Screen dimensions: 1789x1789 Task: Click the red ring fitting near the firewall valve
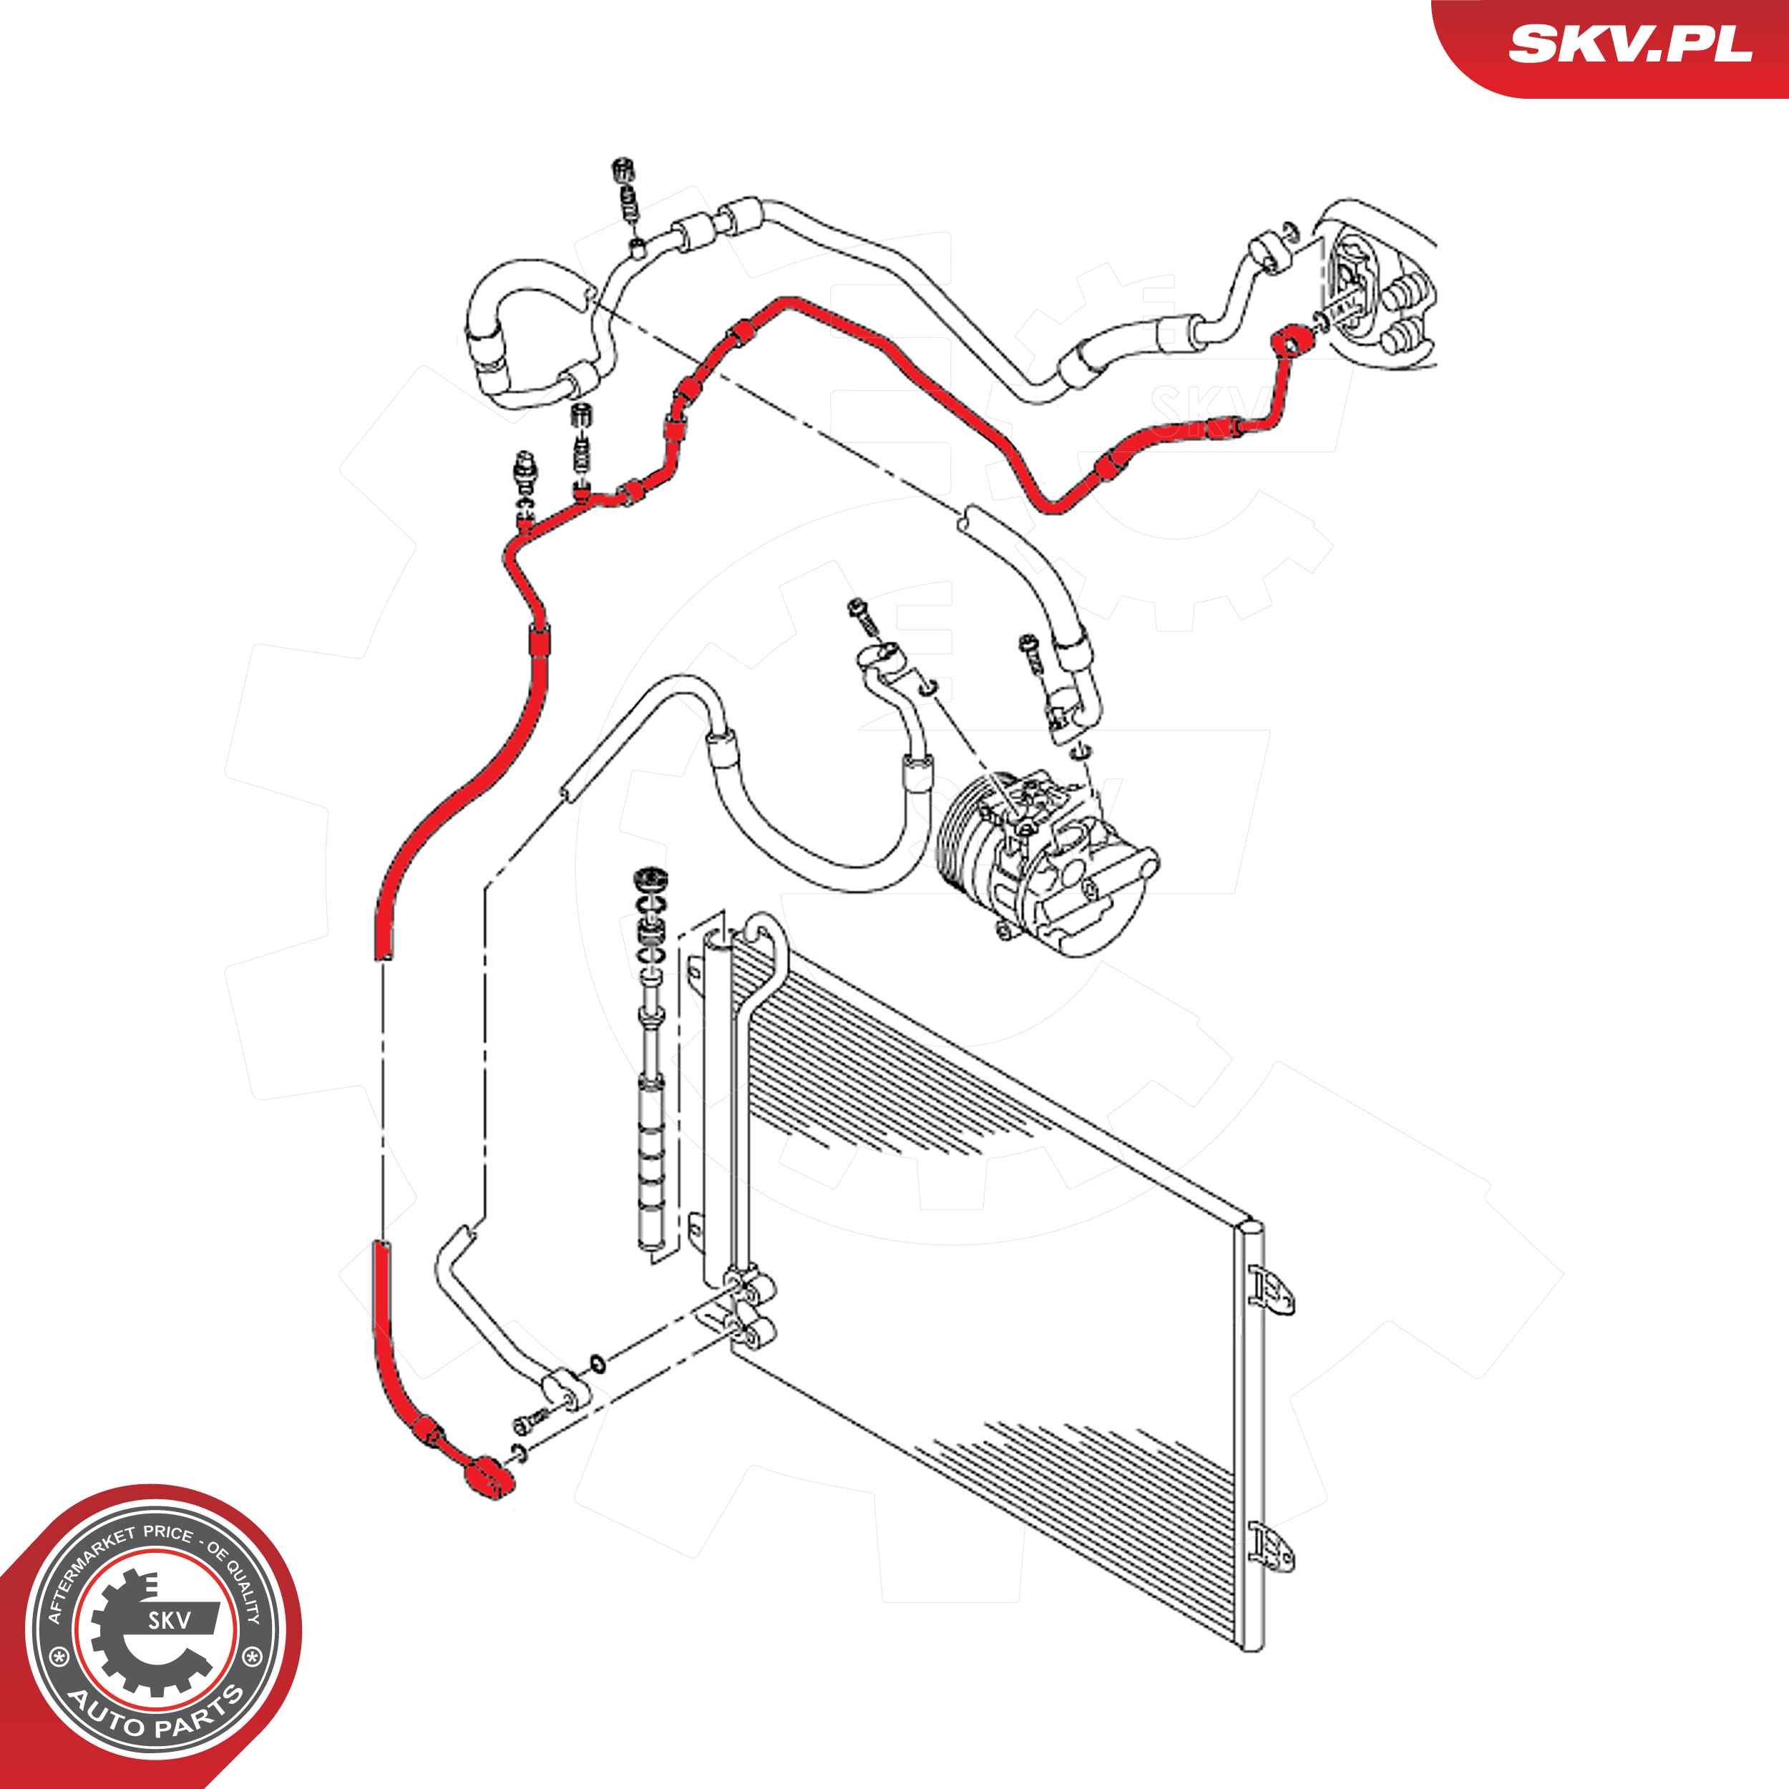pos(1290,341)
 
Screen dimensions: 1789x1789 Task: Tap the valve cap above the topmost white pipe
pos(627,171)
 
